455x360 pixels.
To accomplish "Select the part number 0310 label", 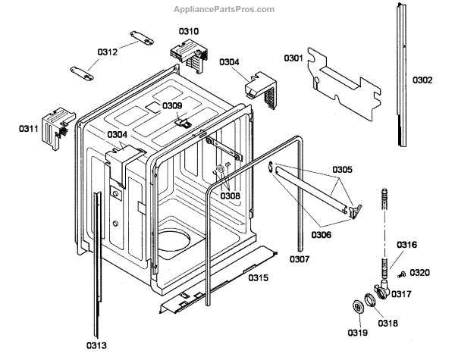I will tap(189, 31).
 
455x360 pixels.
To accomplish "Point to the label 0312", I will tap(107, 52).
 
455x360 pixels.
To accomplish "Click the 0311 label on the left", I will tap(29, 129).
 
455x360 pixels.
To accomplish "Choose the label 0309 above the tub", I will tap(172, 105).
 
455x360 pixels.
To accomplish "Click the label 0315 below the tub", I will tap(259, 278).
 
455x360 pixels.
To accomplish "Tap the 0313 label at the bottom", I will tap(96, 346).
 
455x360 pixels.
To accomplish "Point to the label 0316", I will tap(406, 244).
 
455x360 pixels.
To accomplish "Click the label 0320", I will tap(419, 272).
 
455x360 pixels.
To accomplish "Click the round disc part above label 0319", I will tap(353, 308).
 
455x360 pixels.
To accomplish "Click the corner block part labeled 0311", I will tap(55, 129).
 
